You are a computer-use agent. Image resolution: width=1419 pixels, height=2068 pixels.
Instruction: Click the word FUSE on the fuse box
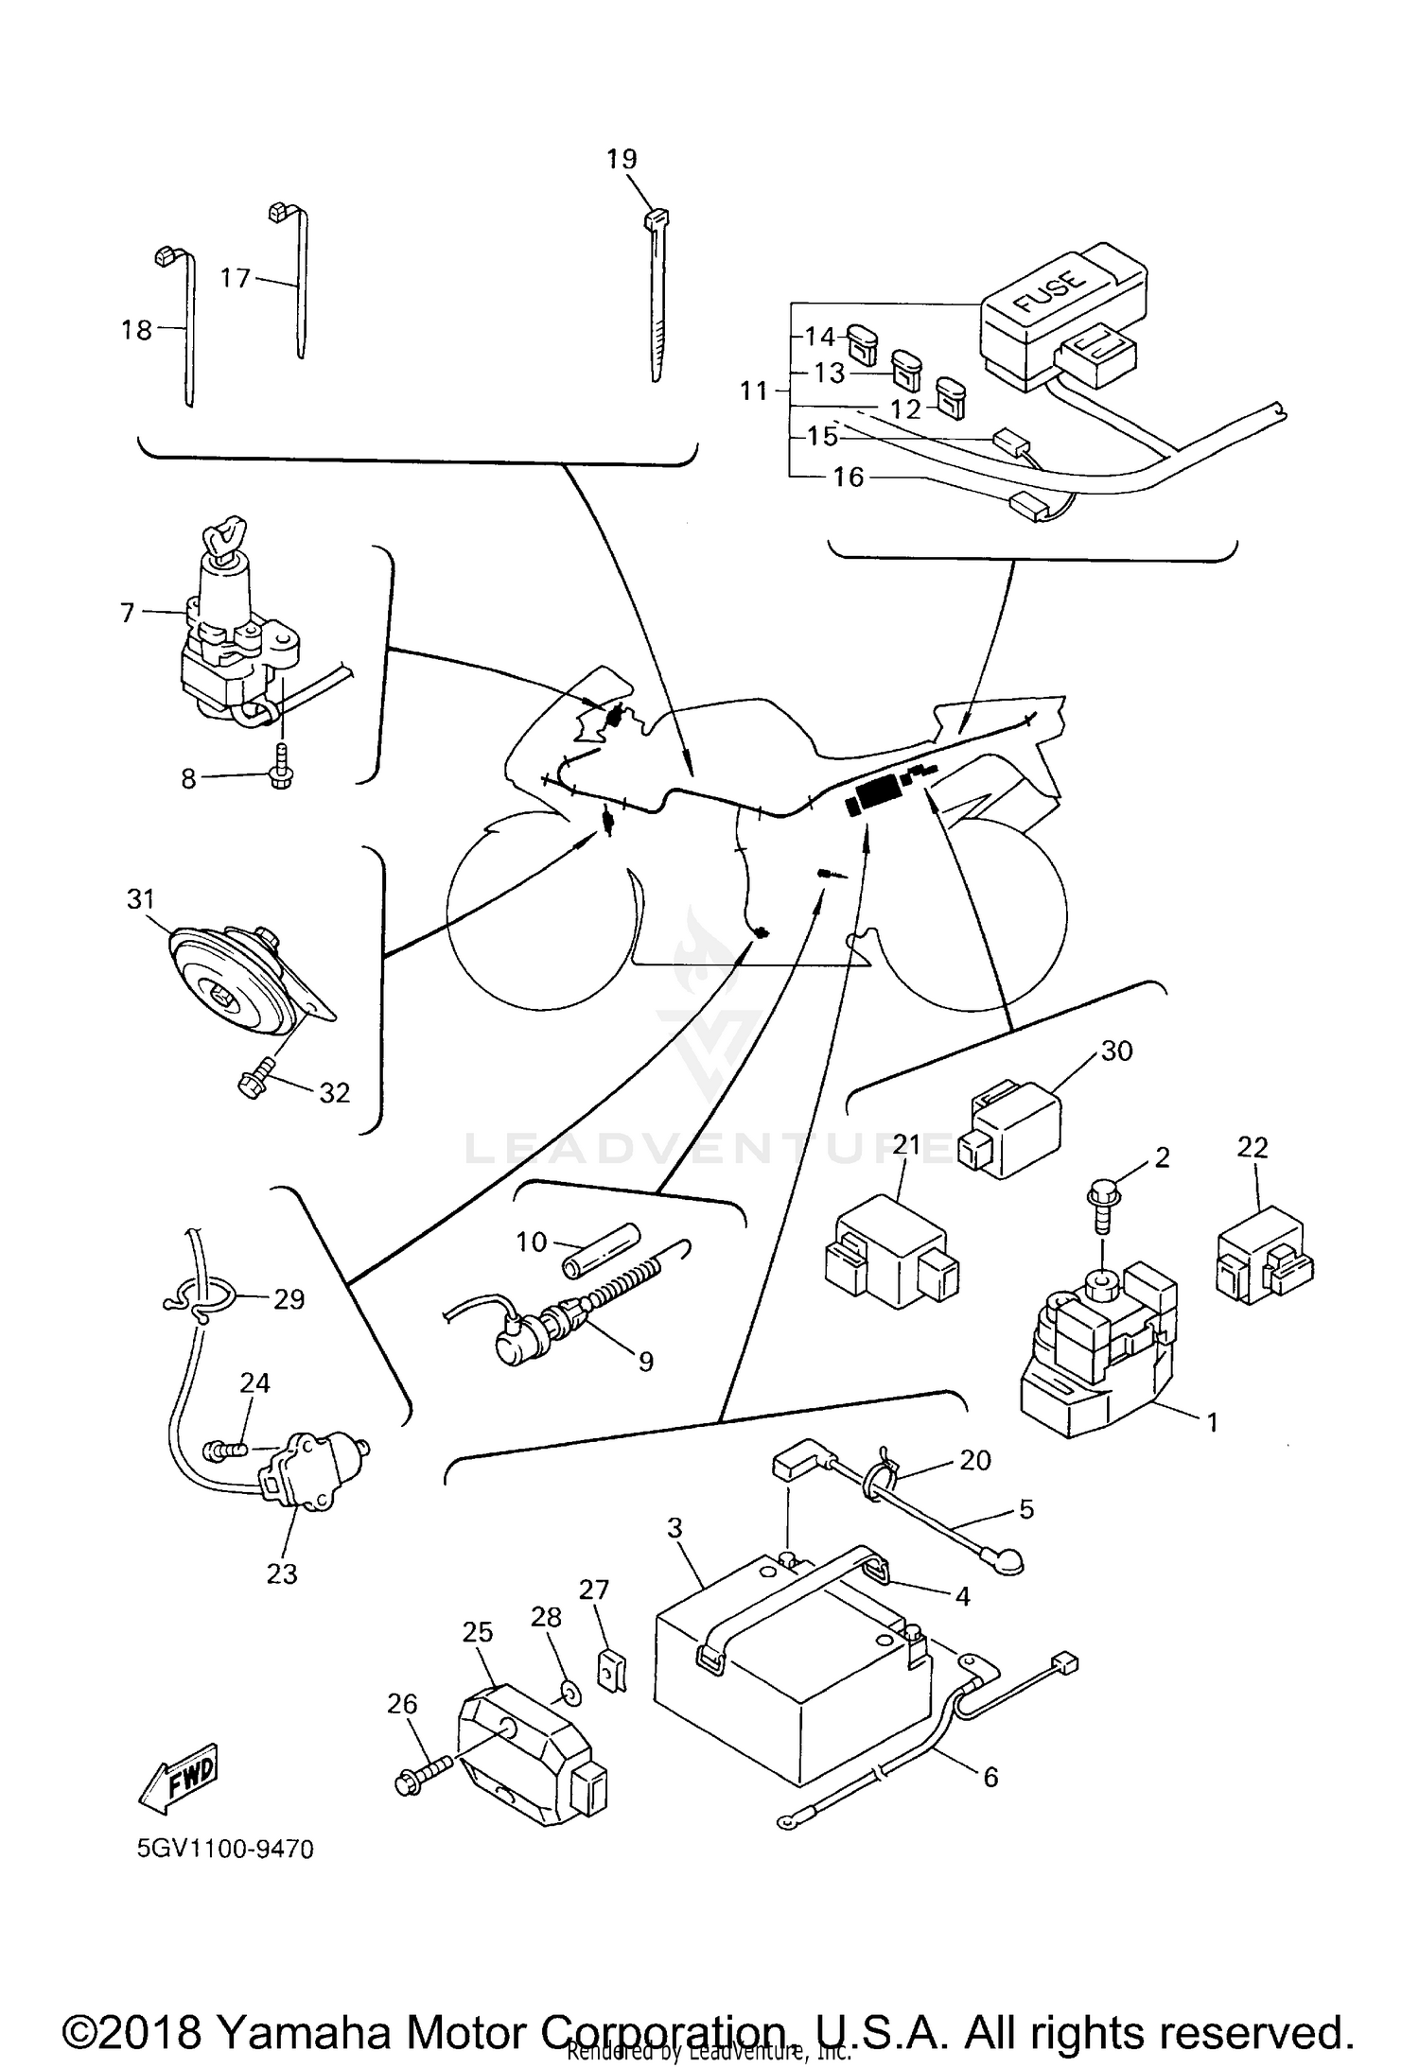point(1052,290)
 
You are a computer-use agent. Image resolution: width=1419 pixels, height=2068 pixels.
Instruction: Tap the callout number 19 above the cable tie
point(622,160)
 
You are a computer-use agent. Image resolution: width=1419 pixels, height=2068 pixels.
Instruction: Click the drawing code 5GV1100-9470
point(225,1848)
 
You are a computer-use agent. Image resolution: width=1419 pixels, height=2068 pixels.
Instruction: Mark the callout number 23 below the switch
point(282,1573)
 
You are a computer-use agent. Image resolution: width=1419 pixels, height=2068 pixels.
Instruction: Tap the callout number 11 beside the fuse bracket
point(754,391)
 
